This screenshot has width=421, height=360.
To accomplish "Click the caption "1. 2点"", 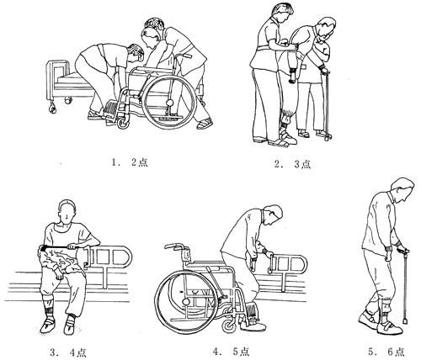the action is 130,162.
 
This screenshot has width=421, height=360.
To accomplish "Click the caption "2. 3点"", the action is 293,164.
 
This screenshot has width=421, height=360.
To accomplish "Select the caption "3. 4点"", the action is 68,352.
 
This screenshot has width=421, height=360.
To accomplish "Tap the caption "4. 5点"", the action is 231,352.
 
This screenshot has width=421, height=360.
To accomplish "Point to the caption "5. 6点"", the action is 386,352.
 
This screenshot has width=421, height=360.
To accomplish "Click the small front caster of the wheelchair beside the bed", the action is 124,123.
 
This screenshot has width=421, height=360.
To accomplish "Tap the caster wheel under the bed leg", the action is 52,109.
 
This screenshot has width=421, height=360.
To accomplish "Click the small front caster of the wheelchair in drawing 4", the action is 230,326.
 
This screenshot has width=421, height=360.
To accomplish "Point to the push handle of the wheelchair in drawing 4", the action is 173,246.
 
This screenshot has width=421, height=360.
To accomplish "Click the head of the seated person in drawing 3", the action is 67,212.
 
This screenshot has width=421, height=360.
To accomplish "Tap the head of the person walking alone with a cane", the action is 402,190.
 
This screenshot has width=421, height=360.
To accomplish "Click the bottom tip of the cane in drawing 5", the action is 405,320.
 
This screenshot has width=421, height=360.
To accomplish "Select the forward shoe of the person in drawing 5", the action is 391,327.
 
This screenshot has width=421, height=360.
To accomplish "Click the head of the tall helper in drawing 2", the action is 282,13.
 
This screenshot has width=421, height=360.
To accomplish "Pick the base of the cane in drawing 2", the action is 328,137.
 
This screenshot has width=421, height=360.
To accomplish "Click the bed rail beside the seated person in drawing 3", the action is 108,257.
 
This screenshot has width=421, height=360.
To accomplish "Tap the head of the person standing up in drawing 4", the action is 272,215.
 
